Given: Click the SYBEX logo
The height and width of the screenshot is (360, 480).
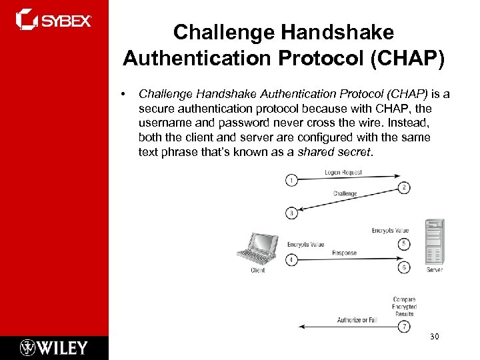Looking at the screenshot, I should pos(53,19).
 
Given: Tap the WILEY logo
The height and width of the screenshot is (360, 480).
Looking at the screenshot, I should pos(54,347).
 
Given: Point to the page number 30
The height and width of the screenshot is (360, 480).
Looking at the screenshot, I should pos(435,337).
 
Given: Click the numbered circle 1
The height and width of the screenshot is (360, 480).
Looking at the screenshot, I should pos(291,180).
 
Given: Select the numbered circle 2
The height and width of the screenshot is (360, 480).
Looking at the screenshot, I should pos(405,187).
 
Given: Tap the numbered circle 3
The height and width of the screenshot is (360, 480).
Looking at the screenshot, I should pos(291,213).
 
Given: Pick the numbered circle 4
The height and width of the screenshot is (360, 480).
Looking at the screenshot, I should pos(291,259).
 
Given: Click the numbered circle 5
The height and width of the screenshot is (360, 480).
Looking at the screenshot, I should pos(405,244).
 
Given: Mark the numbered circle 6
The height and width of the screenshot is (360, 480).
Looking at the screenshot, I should pos(405,267).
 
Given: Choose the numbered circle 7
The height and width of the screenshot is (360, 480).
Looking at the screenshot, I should pos(405,327).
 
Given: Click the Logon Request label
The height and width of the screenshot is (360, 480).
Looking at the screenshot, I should pos(343,173).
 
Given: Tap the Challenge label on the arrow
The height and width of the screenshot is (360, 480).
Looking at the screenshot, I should pos(345,194).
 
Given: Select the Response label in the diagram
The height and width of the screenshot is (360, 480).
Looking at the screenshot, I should pos(344,253).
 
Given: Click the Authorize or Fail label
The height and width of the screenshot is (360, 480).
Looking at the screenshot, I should pos(356,320).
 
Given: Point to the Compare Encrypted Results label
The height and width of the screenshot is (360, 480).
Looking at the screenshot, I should pos(404,307).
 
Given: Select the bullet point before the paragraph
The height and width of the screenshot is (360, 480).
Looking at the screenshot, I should pos(124,94).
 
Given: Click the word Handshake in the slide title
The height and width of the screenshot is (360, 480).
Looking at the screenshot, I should pos(339,32).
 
